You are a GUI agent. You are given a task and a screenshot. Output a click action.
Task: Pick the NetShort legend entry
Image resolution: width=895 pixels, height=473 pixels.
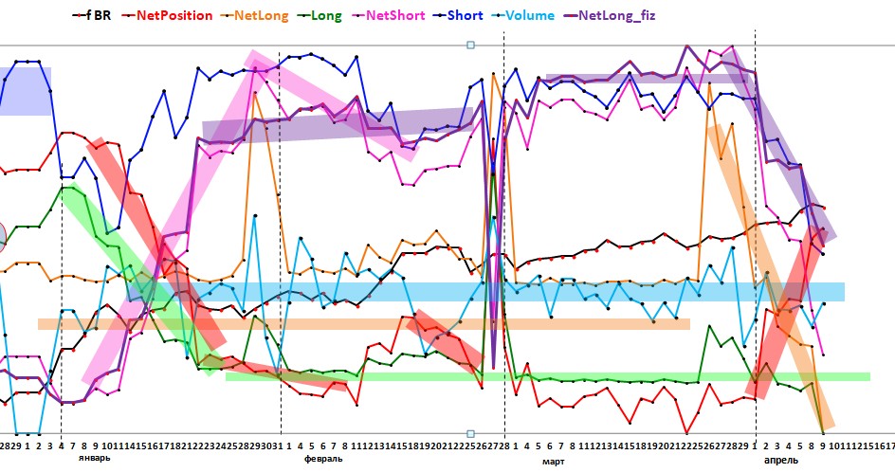pos(423,15)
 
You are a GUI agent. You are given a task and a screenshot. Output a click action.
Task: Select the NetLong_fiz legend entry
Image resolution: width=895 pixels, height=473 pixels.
pos(654,15)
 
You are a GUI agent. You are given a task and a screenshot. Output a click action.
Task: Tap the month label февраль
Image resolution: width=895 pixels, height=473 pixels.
pos(323,458)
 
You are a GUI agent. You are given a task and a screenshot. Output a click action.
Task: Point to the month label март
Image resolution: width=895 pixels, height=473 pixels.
pos(553,461)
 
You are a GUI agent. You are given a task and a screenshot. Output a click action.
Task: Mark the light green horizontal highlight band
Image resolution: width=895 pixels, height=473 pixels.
pos(569,377)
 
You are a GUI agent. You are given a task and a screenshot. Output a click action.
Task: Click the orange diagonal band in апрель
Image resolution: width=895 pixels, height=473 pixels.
pos(768,275)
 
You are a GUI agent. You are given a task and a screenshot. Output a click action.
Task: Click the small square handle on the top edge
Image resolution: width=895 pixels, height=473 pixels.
pos(471,45)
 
